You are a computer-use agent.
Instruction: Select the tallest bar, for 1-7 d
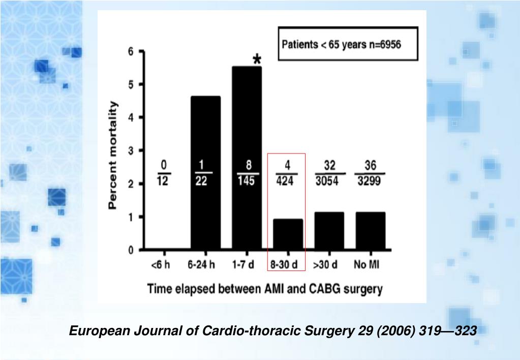[x=247, y=158]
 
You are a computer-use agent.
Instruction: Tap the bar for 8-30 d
[x=288, y=234]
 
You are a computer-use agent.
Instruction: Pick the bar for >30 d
[x=329, y=231]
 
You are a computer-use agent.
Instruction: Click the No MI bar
[x=371, y=231]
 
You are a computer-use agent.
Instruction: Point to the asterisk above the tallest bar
[x=257, y=59]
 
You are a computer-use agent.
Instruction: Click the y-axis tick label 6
[x=131, y=51]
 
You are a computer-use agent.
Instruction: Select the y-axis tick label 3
[x=131, y=151]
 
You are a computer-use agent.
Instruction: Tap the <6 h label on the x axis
[x=161, y=264]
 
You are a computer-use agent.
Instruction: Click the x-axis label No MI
[x=366, y=264]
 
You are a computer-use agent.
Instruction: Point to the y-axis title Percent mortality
[x=113, y=155]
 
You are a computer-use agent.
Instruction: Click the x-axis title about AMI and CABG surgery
[x=265, y=289]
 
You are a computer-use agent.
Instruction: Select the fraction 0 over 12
[x=164, y=173]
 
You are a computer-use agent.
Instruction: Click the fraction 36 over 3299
[x=370, y=173]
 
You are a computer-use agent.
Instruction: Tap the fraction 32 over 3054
[x=329, y=173]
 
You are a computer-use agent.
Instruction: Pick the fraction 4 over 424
[x=286, y=173]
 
